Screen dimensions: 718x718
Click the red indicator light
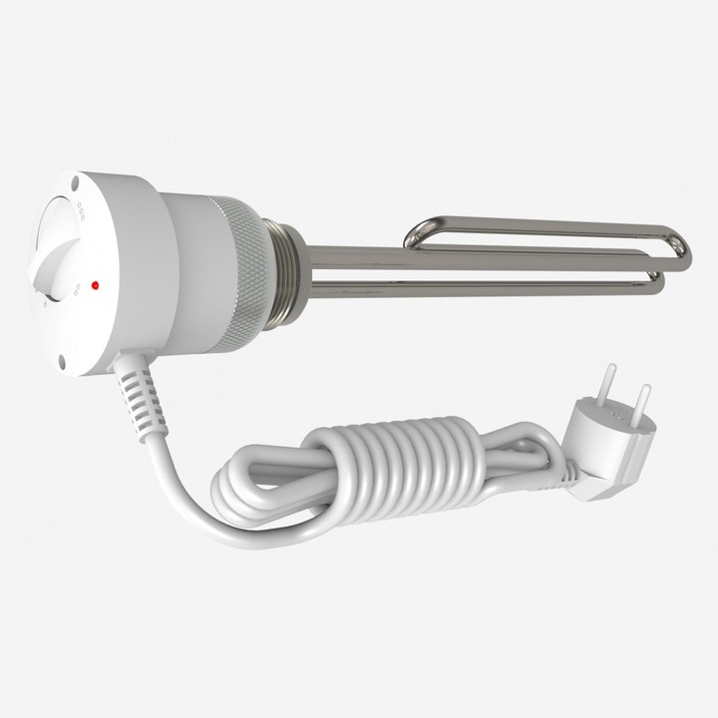coord(95,284)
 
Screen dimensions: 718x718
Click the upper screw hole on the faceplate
coord(75,181)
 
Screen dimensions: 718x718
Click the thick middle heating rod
coord(479,261)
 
